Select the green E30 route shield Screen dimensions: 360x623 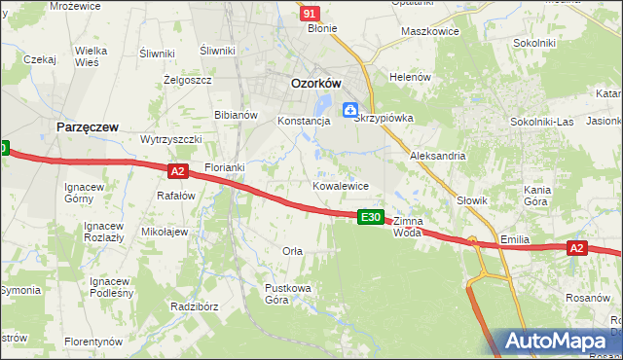pyautogui.click(x=370, y=217)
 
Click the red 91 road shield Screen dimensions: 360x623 pyautogui.click(x=310, y=14)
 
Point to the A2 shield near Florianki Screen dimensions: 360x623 pyautogui.click(x=176, y=171)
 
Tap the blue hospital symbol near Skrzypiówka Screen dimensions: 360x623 pyautogui.click(x=349, y=109)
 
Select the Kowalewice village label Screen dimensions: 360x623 pyautogui.click(x=340, y=185)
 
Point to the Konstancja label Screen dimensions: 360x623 pyautogui.click(x=305, y=122)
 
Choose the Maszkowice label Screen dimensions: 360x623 pyautogui.click(x=430, y=30)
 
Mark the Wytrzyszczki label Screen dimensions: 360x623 pyautogui.click(x=171, y=139)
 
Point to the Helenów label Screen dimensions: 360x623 pyautogui.click(x=410, y=77)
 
